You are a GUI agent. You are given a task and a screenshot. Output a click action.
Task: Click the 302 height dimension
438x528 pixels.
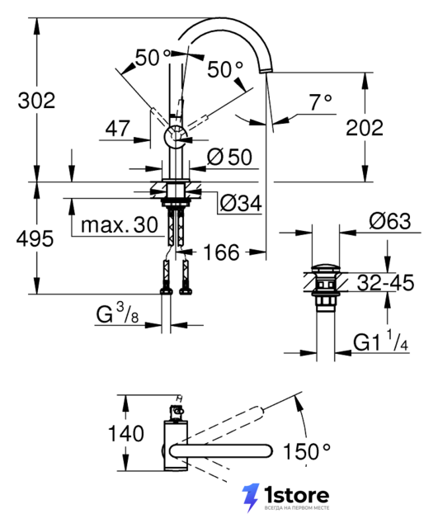click(x=36, y=101)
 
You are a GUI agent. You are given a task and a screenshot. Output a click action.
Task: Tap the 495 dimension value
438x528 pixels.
click(x=35, y=238)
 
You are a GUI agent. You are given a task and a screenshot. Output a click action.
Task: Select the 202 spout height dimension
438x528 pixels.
click(x=365, y=128)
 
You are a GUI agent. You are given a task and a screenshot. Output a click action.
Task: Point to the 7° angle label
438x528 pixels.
click(x=320, y=102)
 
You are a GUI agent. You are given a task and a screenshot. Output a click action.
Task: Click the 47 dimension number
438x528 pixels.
click(x=117, y=129)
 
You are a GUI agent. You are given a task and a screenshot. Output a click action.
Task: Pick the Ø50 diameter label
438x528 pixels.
click(x=229, y=157)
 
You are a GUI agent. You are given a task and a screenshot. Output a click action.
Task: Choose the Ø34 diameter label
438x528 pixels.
click(x=241, y=203)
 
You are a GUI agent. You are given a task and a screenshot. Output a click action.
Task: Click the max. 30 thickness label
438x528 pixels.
click(x=120, y=224)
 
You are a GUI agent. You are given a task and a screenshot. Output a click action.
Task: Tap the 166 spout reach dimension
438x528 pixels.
click(x=222, y=252)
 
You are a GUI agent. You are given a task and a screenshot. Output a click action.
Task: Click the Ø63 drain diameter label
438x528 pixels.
click(x=390, y=221)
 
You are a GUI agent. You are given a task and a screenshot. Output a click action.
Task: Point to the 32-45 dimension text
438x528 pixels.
click(x=385, y=282)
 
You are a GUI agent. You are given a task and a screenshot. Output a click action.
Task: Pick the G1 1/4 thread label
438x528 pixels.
click(x=381, y=341)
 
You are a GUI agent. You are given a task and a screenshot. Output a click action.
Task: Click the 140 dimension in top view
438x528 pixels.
click(x=126, y=433)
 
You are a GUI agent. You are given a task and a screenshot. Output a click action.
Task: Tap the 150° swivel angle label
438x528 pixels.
click(x=307, y=451)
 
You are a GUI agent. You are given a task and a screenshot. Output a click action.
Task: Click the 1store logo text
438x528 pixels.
click(x=296, y=495)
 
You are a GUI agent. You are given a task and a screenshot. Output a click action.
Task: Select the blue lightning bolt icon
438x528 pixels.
click(x=251, y=497)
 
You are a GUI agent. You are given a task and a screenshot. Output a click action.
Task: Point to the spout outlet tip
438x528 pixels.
click(x=266, y=70)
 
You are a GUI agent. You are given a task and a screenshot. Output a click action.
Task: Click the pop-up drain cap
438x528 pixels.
click(x=326, y=268)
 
